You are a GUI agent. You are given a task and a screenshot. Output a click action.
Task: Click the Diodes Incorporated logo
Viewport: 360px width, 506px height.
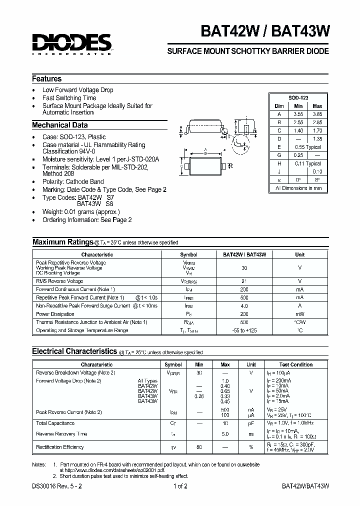pyautogui.click(x=71, y=44)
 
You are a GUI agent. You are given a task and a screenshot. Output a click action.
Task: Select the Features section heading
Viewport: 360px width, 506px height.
pyautogui.click(x=47, y=79)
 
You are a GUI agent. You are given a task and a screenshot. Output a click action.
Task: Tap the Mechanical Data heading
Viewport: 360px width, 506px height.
pyautogui.click(x=60, y=125)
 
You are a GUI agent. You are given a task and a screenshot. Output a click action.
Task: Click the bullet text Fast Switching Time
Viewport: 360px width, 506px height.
pyautogui.click(x=69, y=98)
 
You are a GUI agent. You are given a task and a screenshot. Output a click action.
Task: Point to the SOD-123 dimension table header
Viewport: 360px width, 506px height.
pyautogui.click(x=298, y=98)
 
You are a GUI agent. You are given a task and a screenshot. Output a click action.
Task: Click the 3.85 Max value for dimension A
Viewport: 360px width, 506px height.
pyautogui.click(x=317, y=114)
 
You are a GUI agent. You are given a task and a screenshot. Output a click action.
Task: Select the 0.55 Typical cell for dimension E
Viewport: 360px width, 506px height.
pyautogui.click(x=307, y=147)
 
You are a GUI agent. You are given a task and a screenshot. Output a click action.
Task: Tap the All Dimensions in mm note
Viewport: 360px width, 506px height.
pyautogui.click(x=298, y=188)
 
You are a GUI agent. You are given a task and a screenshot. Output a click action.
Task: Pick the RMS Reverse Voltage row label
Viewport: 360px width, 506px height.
pyautogui.click(x=59, y=281)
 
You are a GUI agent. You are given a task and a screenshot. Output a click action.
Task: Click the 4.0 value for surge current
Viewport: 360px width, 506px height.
pyautogui.click(x=244, y=306)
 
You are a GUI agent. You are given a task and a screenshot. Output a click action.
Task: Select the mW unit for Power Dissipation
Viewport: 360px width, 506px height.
pyautogui.click(x=299, y=314)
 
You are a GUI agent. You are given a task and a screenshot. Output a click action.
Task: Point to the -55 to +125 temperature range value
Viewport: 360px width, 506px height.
pyautogui.click(x=244, y=330)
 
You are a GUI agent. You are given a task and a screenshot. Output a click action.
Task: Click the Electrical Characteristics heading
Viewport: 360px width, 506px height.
pyautogui.click(x=74, y=352)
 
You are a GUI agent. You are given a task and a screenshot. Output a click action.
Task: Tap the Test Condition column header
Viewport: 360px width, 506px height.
pyautogui.click(x=296, y=365)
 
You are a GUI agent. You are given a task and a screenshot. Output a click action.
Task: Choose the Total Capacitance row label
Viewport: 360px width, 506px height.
pyautogui.click(x=55, y=423)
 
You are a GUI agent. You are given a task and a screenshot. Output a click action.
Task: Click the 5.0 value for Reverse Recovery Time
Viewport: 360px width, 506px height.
pyautogui.click(x=225, y=434)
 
